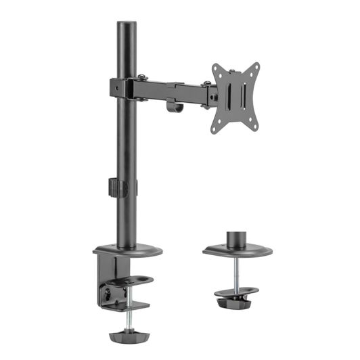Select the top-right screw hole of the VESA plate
click(254, 68)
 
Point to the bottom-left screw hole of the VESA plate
click(217, 127)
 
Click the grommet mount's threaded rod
click(237, 274)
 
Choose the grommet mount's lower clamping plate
click(237, 295)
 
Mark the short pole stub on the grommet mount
click(236, 239)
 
